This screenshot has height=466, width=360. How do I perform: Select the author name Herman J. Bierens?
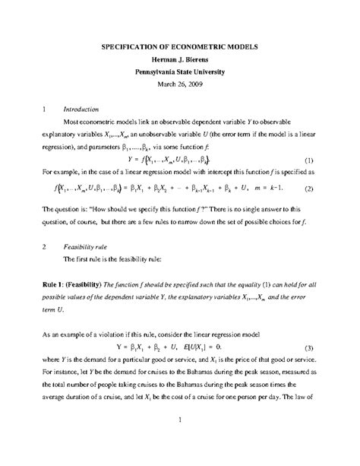click(180, 59)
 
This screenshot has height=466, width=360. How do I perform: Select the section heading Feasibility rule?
click(89, 248)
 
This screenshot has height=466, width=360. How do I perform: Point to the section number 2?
click(45, 248)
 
